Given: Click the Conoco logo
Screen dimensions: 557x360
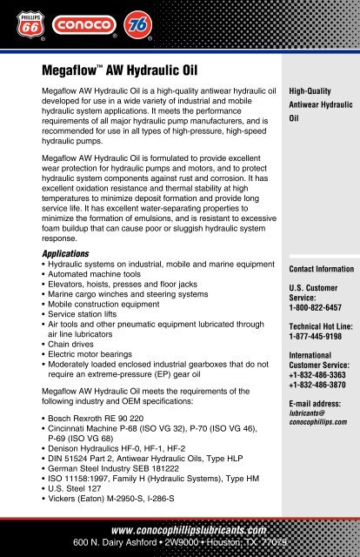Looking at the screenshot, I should [79, 29].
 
